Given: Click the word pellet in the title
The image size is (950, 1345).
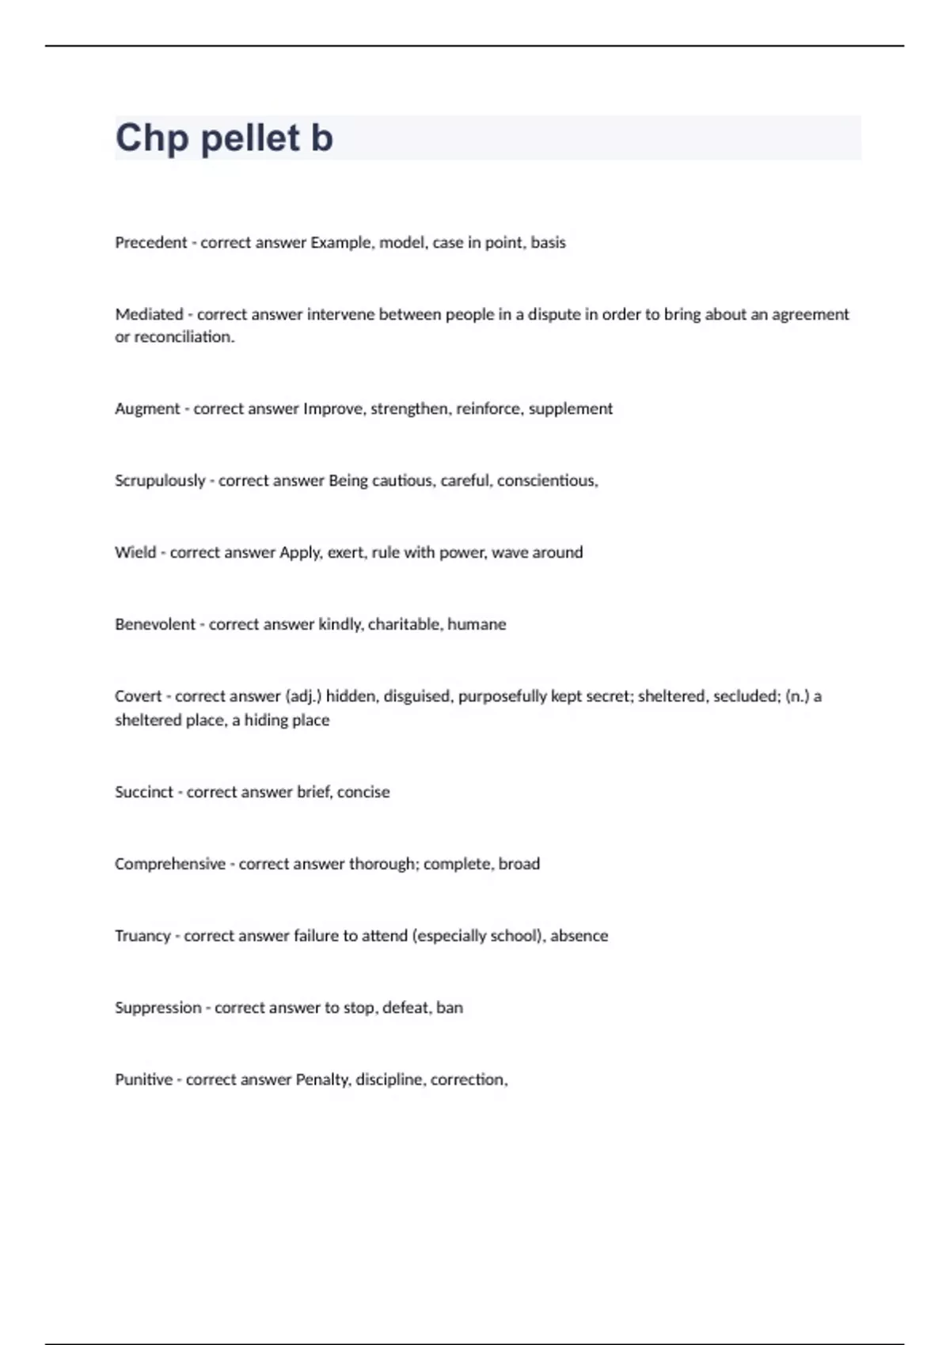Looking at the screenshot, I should click(x=250, y=138).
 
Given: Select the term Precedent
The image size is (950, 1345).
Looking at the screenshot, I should click(x=151, y=243).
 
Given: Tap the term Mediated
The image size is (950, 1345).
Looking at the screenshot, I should click(x=149, y=315).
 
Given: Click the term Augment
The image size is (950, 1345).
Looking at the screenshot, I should click(x=147, y=409).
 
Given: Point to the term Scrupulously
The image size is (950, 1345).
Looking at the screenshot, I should click(x=160, y=481).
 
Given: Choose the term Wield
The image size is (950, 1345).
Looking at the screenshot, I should click(x=135, y=552).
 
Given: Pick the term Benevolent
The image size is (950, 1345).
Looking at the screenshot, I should click(x=155, y=624).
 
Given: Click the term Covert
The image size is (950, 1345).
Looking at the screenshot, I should click(x=138, y=696).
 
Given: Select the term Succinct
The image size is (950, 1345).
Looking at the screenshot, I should click(x=143, y=792).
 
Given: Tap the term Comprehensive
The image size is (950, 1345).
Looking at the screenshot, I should click(x=170, y=864).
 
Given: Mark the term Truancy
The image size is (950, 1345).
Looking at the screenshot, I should click(x=142, y=936).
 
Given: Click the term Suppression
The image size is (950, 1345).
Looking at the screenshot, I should click(x=158, y=1008).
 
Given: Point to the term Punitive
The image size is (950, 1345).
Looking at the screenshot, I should click(x=143, y=1080).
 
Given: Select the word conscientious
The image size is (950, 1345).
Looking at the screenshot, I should click(x=547, y=481).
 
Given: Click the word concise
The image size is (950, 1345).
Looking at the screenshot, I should click(x=363, y=792).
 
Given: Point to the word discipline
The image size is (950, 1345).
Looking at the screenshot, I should click(x=389, y=1080).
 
